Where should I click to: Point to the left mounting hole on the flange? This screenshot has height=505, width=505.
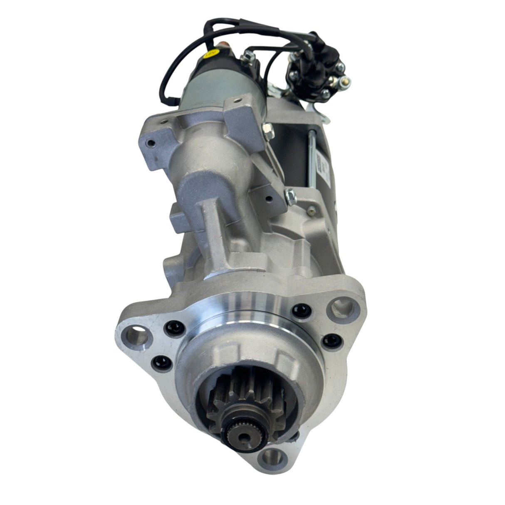click(x=137, y=334)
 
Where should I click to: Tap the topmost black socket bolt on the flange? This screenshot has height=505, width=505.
click(x=298, y=310)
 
